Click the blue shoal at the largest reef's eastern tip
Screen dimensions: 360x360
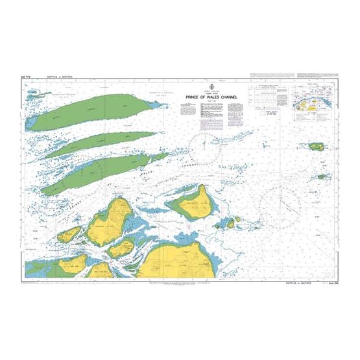(x=162, y=93)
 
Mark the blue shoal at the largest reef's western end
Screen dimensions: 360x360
(x=29, y=121)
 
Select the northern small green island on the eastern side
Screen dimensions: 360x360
(x=317, y=146)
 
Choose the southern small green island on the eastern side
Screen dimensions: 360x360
(x=322, y=176)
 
